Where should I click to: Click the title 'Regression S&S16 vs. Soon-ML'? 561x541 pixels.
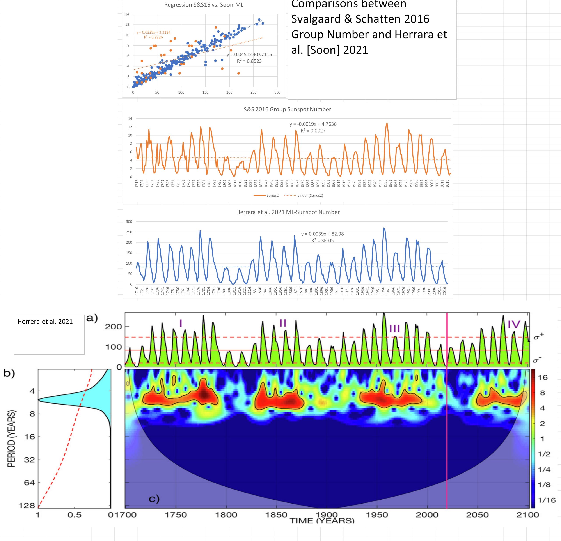pos(204,5)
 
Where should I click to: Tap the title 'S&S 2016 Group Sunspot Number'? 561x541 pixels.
pos(287,109)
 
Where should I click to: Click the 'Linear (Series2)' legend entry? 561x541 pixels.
pos(310,195)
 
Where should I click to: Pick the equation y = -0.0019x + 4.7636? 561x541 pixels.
pos(313,124)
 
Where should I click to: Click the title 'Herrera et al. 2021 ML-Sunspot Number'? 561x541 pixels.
pos(288,212)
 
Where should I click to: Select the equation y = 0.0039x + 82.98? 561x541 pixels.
pos(322,234)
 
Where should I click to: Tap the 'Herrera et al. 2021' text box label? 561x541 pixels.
pos(45,322)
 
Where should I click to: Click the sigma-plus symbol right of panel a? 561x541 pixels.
pos(539,337)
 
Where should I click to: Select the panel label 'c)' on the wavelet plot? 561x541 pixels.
pos(154,499)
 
